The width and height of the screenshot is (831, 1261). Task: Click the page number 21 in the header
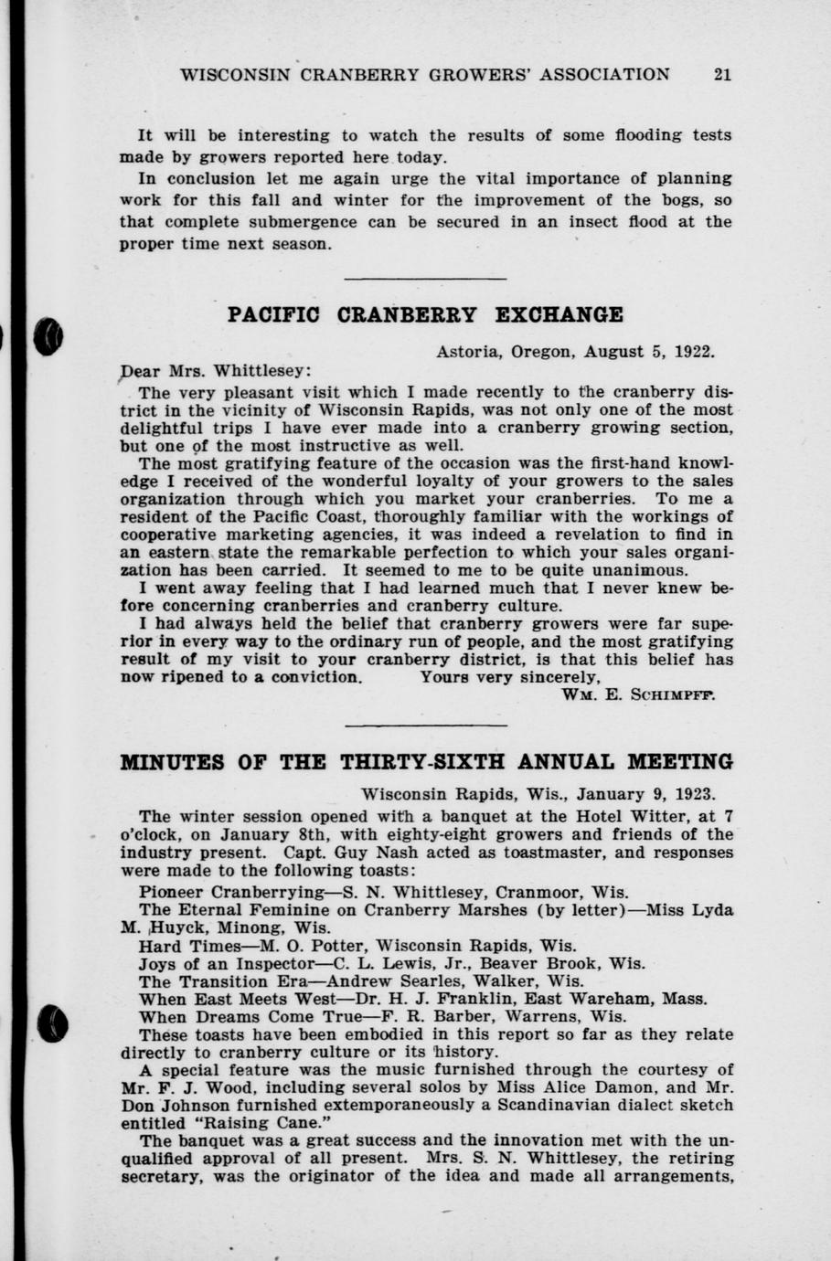click(x=721, y=75)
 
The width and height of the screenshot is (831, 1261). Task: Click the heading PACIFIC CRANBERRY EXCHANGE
click(x=425, y=315)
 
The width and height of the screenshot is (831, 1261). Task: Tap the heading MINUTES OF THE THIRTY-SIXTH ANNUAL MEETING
click(x=427, y=762)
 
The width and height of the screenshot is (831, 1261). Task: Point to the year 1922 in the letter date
click(x=695, y=351)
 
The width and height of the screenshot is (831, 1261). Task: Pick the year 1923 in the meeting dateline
click(x=697, y=794)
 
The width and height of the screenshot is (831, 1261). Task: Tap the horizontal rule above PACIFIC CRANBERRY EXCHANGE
click(x=425, y=279)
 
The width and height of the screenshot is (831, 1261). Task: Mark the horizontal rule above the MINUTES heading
click(x=425, y=726)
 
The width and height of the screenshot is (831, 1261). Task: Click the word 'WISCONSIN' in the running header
click(x=232, y=75)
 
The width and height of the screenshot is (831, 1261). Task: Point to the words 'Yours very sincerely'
click(x=509, y=678)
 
